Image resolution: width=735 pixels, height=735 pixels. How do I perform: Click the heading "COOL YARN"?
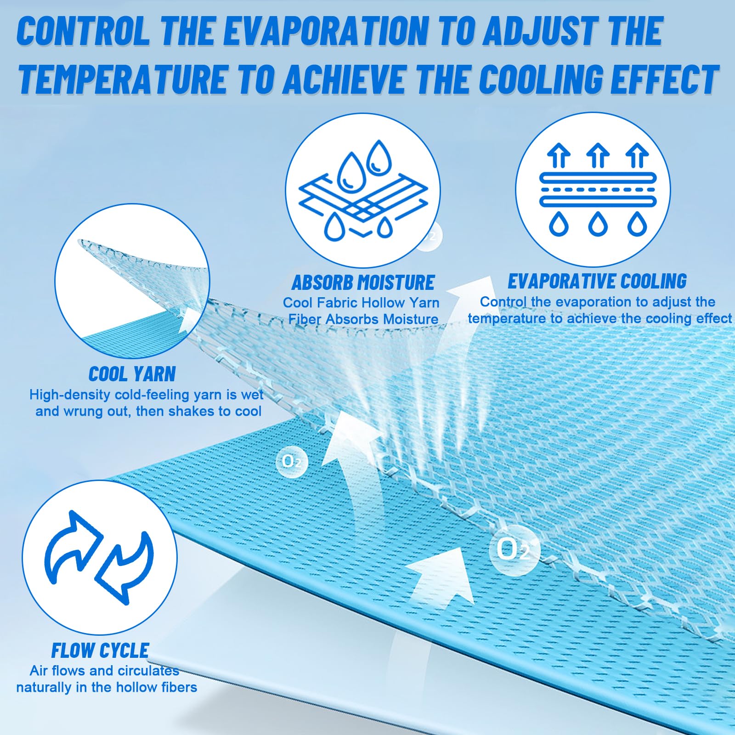(132, 374)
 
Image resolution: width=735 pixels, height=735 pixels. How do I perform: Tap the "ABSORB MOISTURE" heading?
(363, 283)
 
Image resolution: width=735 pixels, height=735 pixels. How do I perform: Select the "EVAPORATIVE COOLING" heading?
(597, 281)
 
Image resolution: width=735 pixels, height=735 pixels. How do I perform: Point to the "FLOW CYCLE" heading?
(100, 650)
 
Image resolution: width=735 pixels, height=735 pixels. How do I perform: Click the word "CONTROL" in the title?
(83, 31)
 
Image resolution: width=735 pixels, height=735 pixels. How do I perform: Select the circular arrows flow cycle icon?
(99, 557)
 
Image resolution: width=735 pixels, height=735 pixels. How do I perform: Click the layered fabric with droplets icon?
(363, 191)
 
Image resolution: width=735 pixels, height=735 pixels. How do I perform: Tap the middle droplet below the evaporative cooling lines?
(598, 223)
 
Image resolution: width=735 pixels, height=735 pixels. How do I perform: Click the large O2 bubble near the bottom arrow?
(512, 549)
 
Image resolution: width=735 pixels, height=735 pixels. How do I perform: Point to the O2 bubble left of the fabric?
(292, 461)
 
